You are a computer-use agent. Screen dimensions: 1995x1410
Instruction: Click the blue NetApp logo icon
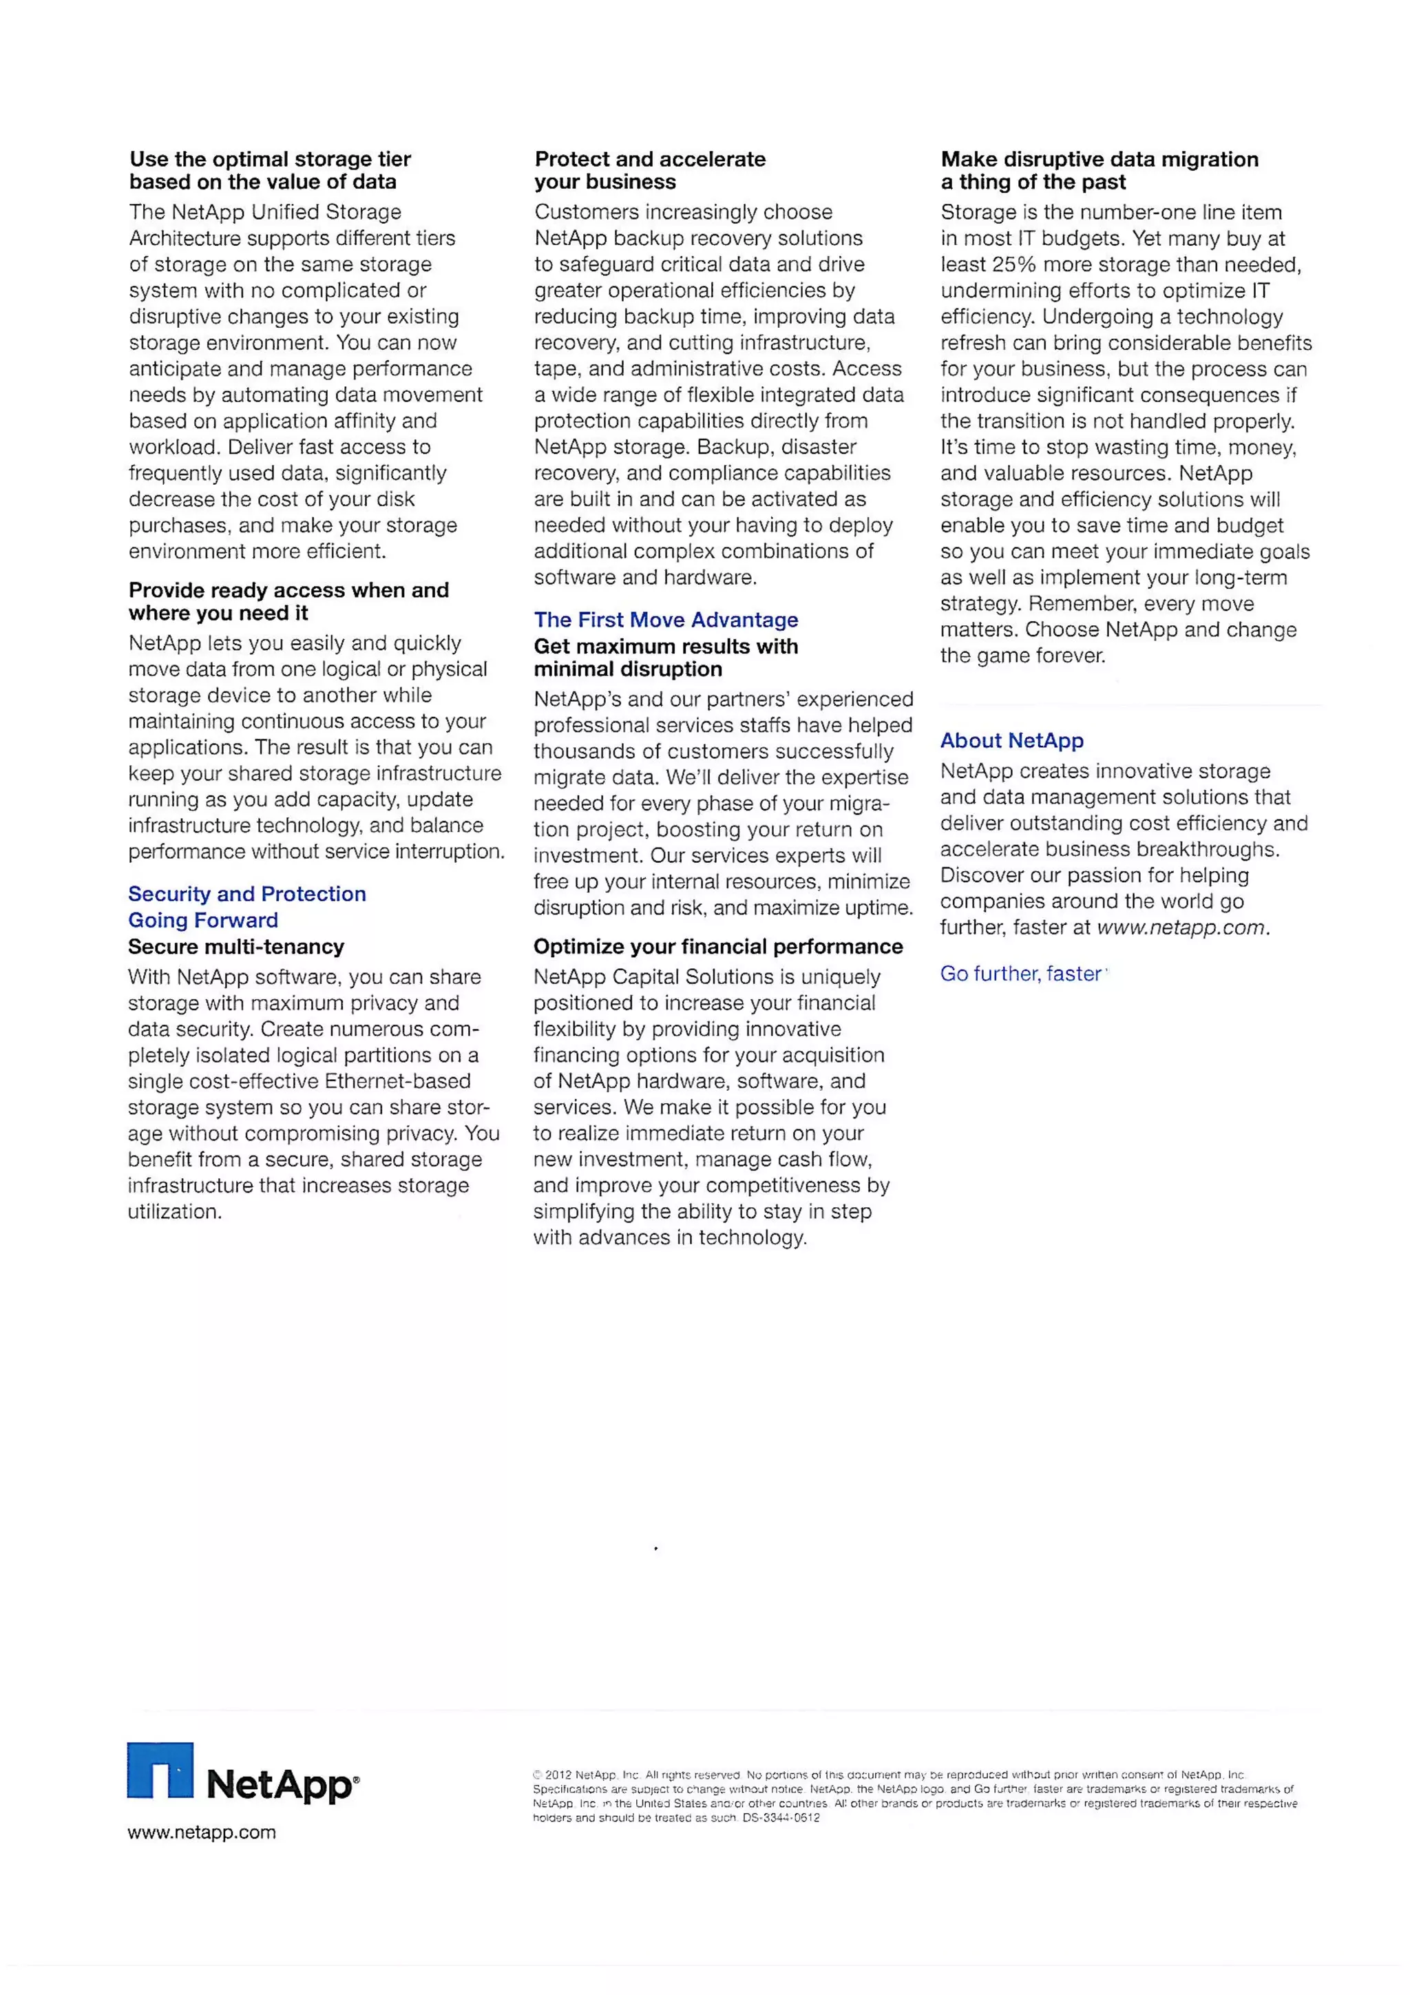coord(160,1769)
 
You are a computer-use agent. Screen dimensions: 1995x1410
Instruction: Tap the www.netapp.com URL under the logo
coord(202,1832)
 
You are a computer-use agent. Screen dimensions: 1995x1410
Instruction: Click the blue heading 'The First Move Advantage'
coord(666,620)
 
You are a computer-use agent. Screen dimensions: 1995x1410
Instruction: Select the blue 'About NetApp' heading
coord(1011,740)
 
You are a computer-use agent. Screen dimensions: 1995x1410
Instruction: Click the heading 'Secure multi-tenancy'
coord(235,946)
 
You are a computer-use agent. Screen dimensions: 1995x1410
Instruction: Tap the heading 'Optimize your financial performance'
coord(717,946)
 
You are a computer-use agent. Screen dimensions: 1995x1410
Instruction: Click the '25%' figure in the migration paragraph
coord(1014,264)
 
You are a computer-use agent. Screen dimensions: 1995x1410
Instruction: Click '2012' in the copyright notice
coord(558,1775)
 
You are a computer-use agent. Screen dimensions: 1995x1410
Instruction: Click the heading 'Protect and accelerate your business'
coord(649,170)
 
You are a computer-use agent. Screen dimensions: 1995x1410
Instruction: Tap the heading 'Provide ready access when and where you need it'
coord(288,601)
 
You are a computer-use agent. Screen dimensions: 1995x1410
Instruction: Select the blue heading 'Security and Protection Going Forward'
coord(246,906)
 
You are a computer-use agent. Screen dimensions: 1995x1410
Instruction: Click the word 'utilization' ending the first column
coord(173,1211)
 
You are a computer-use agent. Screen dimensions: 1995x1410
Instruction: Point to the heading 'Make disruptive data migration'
coord(1099,160)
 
